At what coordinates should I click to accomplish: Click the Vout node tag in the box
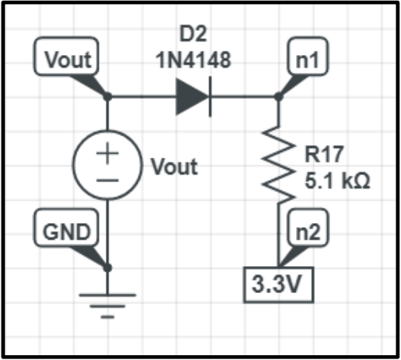tap(67, 59)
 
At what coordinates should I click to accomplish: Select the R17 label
tap(323, 154)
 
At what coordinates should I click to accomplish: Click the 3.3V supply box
tap(278, 284)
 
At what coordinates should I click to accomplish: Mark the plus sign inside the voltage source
tap(108, 155)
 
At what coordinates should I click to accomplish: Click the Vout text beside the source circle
tap(174, 168)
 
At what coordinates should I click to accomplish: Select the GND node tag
tap(67, 232)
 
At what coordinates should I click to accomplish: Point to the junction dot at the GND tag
tap(108, 268)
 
